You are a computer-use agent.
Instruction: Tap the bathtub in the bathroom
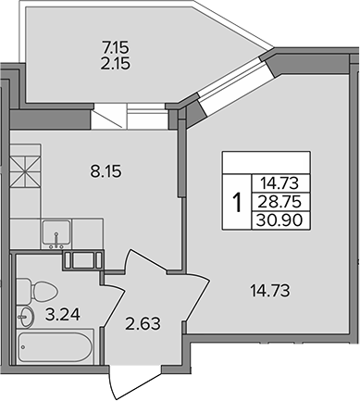pyautogui.click(x=55, y=346)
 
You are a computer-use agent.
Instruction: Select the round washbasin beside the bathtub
pyautogui.click(x=26, y=317)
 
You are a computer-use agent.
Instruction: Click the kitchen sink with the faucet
pyautogui.click(x=56, y=234)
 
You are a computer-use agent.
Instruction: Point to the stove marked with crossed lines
pyautogui.click(x=26, y=171)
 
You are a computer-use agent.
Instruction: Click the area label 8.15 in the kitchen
pyautogui.click(x=106, y=171)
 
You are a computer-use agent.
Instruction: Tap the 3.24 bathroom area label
pyautogui.click(x=63, y=315)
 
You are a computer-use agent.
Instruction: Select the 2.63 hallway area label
pyautogui.click(x=143, y=324)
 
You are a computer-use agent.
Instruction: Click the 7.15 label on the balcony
pyautogui.click(x=115, y=48)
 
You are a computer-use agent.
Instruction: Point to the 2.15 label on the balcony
pyautogui.click(x=115, y=64)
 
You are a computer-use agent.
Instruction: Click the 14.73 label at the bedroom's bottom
pyautogui.click(x=270, y=291)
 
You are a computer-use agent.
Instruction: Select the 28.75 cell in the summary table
pyautogui.click(x=279, y=202)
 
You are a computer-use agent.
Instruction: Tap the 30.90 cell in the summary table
pyautogui.click(x=279, y=220)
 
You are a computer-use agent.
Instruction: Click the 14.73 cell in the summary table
pyautogui.click(x=279, y=183)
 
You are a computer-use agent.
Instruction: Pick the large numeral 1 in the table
pyautogui.click(x=238, y=202)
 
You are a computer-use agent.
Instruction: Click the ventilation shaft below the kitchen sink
pyautogui.click(x=82, y=260)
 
